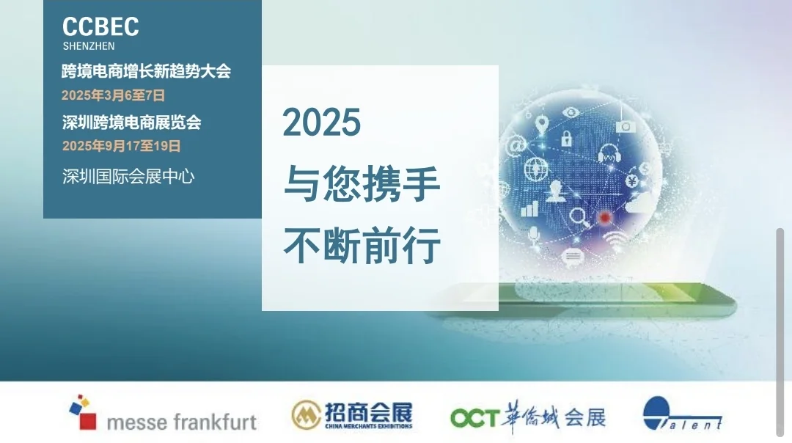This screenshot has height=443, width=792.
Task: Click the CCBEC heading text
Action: [100, 27]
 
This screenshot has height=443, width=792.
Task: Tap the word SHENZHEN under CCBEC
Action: [89, 46]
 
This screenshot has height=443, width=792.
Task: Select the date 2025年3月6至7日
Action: [113, 95]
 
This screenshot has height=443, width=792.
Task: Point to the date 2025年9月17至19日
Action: [121, 146]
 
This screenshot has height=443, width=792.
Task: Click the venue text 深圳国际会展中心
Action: [128, 176]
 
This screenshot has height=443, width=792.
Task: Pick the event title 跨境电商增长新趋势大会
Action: [146, 72]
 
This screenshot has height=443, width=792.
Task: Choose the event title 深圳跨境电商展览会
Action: [131, 122]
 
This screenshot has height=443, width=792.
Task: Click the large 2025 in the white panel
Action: [322, 122]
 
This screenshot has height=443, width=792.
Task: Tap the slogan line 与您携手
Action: [362, 185]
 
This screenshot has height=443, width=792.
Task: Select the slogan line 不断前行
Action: [362, 246]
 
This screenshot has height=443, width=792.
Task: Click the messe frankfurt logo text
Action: [181, 422]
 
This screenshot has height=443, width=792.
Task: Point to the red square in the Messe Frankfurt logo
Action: [87, 421]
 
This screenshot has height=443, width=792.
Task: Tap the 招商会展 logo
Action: [352, 415]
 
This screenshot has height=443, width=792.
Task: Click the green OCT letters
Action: [474, 418]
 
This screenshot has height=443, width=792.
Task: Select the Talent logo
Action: [682, 414]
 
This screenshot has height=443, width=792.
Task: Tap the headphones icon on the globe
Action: [609, 153]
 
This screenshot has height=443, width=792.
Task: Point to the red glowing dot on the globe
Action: [604, 217]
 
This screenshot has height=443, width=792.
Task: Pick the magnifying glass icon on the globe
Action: [579, 216]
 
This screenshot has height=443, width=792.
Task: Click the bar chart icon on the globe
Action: [529, 208]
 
